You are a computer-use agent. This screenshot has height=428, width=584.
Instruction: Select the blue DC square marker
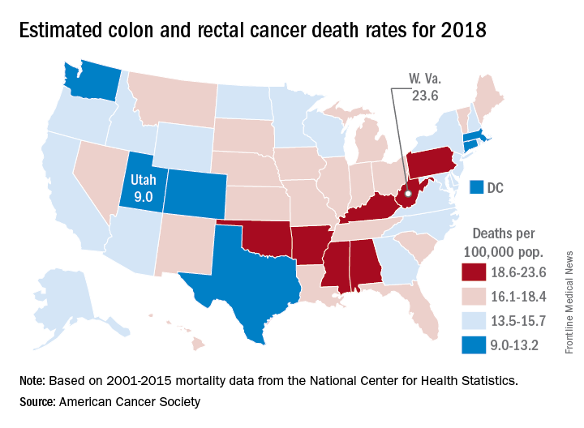pyautogui.click(x=478, y=187)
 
